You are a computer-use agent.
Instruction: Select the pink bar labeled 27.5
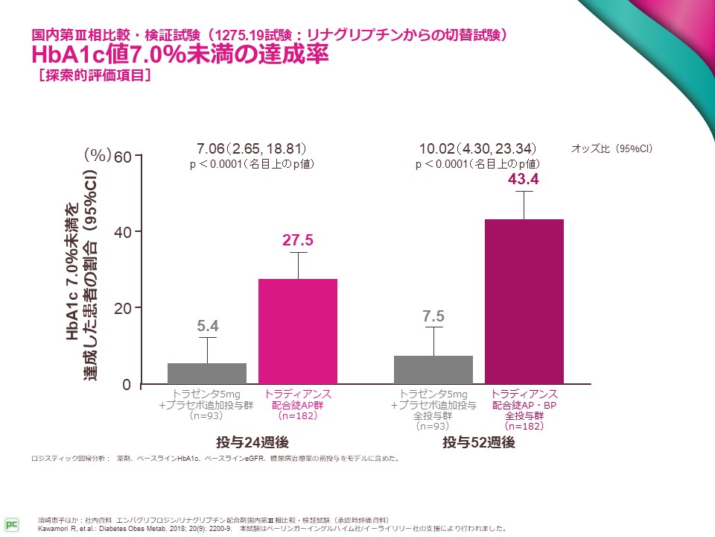click(x=298, y=332)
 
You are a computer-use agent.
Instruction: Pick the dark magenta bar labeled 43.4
click(x=524, y=302)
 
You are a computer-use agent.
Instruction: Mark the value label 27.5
click(x=297, y=239)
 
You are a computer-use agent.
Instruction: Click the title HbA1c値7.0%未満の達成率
click(x=179, y=55)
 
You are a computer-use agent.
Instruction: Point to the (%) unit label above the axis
click(x=97, y=154)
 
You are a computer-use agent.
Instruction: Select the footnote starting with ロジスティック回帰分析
click(x=215, y=458)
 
